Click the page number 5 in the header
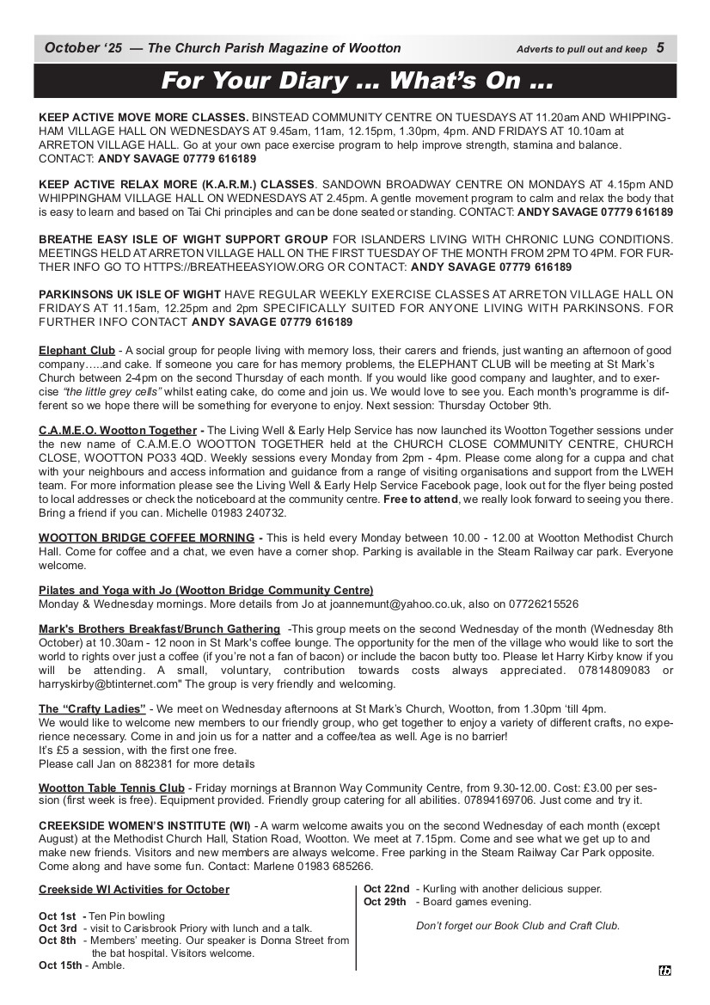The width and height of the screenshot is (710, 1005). coord(659,48)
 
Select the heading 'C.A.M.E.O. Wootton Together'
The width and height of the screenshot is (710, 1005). coord(118,431)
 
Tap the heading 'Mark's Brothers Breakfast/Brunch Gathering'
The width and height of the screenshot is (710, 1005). coord(159,629)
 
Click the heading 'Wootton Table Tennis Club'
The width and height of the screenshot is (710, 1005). coord(112,787)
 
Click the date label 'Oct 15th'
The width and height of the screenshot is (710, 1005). coord(62,965)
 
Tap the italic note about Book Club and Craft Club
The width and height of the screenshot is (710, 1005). coord(517,926)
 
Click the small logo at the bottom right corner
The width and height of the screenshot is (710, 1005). coord(664,971)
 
